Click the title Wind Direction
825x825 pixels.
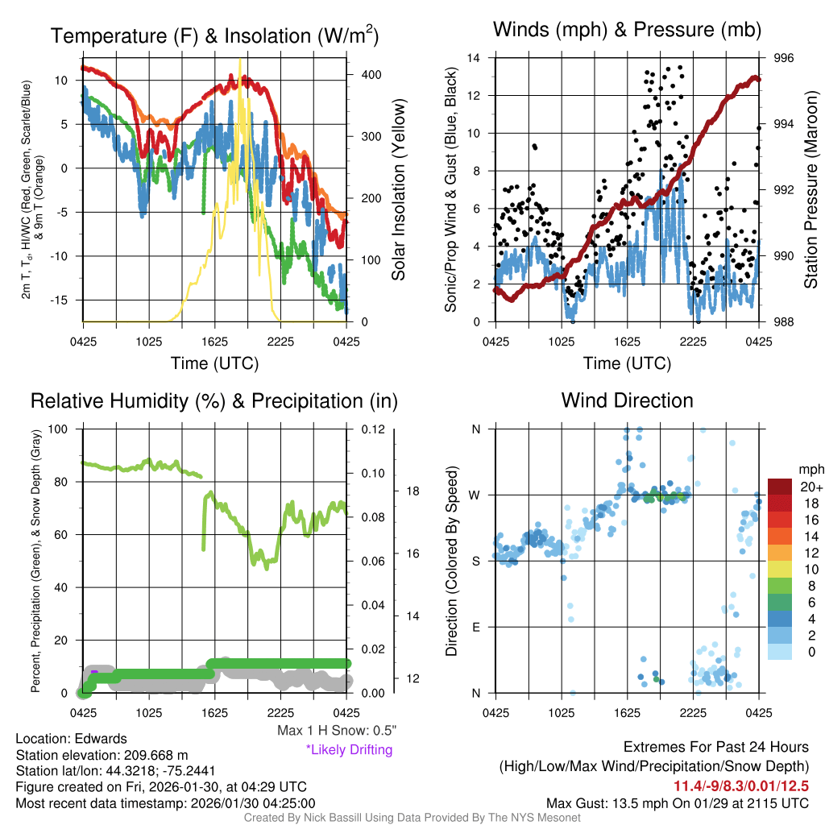tap(627, 400)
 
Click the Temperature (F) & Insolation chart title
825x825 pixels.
tap(214, 36)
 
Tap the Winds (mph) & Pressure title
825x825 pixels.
tap(627, 31)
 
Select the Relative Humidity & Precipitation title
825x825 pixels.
tap(214, 400)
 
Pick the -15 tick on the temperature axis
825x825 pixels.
tap(65, 300)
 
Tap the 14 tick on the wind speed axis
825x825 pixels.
tap(474, 58)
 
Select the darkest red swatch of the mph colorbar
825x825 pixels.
tap(779, 487)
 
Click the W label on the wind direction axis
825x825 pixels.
tap(475, 495)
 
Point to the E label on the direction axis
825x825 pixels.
tap(475, 627)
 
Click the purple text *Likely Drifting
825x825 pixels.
tap(349, 749)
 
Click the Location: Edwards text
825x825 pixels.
tap(71, 739)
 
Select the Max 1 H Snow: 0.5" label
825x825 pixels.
tap(336, 731)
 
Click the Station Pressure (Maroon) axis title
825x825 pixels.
tap(811, 189)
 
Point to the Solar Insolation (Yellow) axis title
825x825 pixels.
tap(399, 189)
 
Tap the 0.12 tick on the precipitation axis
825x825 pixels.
tap(370, 429)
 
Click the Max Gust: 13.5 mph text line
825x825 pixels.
tap(677, 802)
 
